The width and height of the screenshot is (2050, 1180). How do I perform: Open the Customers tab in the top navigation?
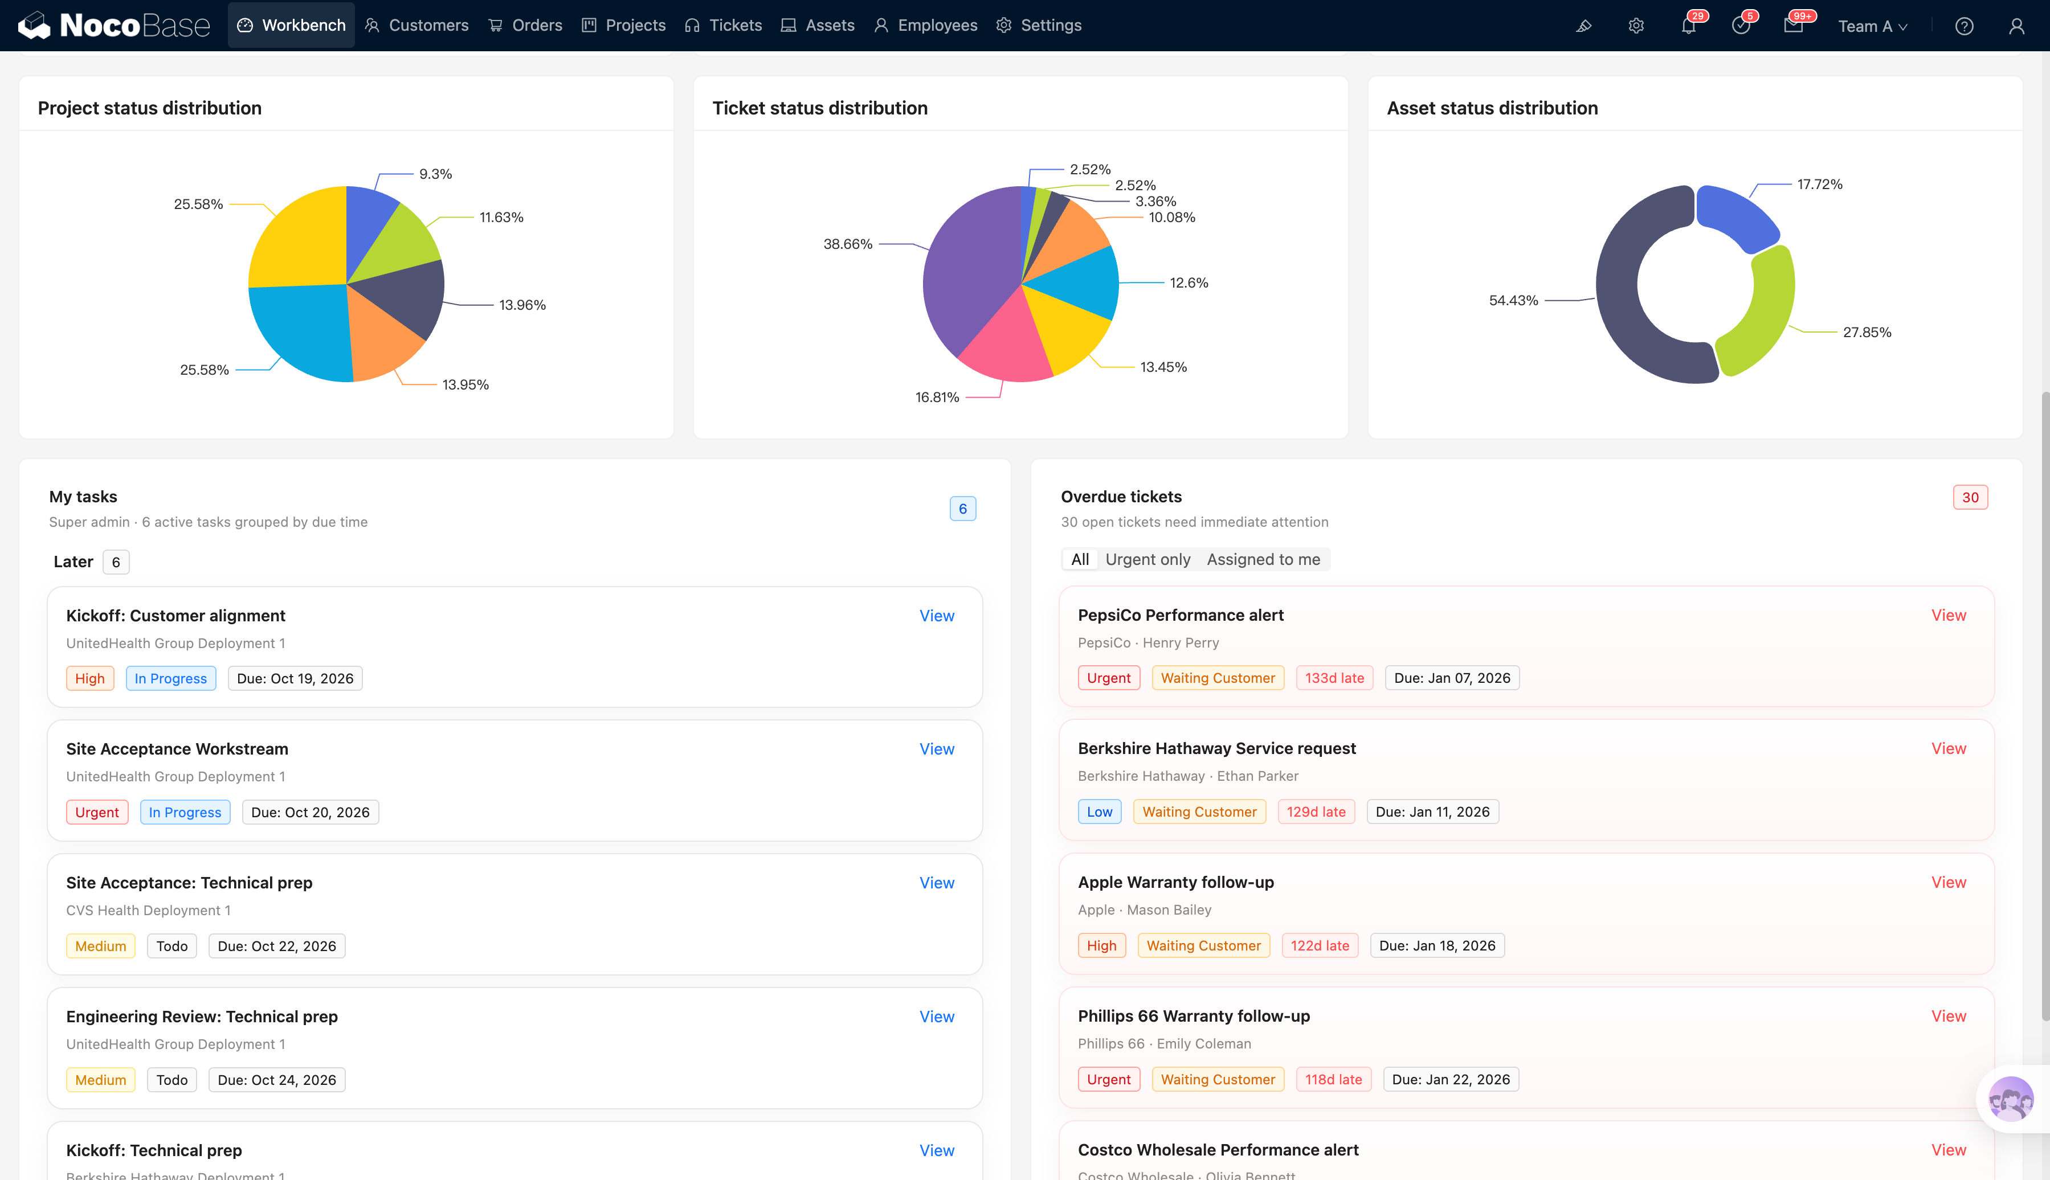pyautogui.click(x=416, y=25)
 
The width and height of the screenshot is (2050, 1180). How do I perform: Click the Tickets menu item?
pyautogui.click(x=723, y=25)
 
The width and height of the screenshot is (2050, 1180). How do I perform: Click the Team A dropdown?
pyautogui.click(x=1872, y=26)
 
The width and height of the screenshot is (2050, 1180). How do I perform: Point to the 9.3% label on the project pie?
pyautogui.click(x=435, y=174)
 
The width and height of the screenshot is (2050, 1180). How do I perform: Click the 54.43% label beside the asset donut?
pyautogui.click(x=1513, y=301)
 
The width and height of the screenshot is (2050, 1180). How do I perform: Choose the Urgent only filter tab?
pyautogui.click(x=1148, y=559)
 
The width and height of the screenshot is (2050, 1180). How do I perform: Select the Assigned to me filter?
pyautogui.click(x=1263, y=559)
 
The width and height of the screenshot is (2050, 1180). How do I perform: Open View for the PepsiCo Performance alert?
pyautogui.click(x=1948, y=615)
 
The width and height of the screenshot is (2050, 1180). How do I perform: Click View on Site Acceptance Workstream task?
pyautogui.click(x=936, y=749)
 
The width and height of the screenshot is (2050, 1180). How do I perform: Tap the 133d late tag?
pyautogui.click(x=1334, y=678)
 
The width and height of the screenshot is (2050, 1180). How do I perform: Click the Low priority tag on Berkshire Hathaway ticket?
pyautogui.click(x=1099, y=811)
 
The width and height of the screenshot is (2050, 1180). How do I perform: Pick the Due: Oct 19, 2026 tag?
pyautogui.click(x=295, y=678)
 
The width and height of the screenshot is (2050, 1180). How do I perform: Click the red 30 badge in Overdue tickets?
pyautogui.click(x=1970, y=497)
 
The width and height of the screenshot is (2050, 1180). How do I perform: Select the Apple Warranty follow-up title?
pyautogui.click(x=1175, y=882)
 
